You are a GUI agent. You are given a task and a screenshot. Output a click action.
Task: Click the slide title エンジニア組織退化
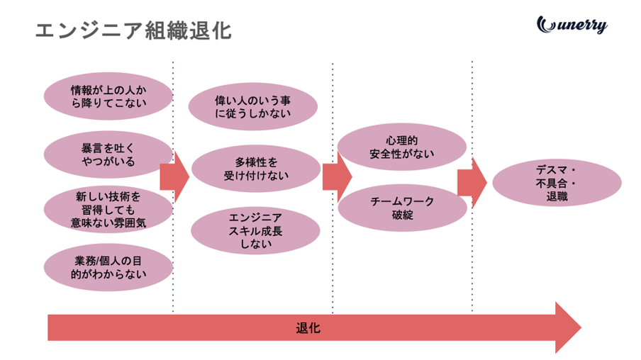133,30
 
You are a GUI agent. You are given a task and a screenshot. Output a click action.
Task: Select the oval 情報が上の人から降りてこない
108,97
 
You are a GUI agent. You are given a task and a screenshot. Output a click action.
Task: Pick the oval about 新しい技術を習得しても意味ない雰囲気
108,208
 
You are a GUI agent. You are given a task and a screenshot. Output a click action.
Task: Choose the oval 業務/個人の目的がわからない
108,266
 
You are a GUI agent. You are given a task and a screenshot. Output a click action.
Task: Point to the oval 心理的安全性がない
402,147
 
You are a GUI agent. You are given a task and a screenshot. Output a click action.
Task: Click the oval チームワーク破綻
402,208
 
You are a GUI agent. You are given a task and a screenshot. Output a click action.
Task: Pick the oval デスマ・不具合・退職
556,183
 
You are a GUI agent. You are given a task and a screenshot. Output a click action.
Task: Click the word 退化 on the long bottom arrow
308,328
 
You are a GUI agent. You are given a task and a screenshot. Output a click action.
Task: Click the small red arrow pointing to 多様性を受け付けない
174,176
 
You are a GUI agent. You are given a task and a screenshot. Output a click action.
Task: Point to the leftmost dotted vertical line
172,188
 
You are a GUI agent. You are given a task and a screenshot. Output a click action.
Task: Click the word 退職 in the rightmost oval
557,197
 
